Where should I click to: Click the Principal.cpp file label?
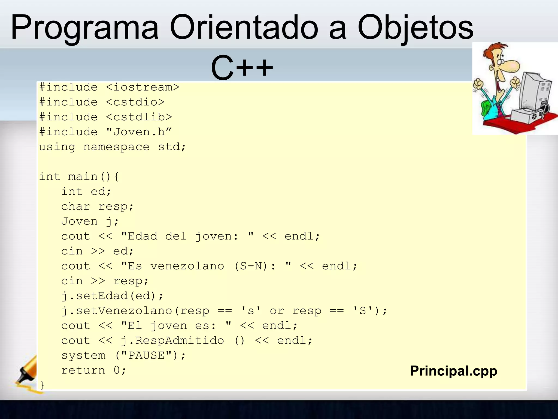pyautogui.click(x=454, y=371)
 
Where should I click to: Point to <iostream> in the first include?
pyautogui.click(x=142, y=88)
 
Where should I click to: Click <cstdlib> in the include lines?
pyautogui.click(x=139, y=117)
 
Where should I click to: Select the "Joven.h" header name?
pyautogui.click(x=139, y=132)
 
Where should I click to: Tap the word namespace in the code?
pyautogui.click(x=116, y=147)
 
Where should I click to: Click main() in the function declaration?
pyautogui.click(x=89, y=177)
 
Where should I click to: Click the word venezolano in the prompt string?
pyautogui.click(x=187, y=266)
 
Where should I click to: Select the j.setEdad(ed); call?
pyautogui.click(x=112, y=296)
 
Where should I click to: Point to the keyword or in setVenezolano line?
pyautogui.click(x=277, y=311)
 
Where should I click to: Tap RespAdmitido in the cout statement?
pyautogui.click(x=180, y=341)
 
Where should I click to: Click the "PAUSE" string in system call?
pyautogui.click(x=147, y=355)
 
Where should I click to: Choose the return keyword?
pyautogui.click(x=83, y=370)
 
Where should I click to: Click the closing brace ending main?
pyautogui.click(x=42, y=385)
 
